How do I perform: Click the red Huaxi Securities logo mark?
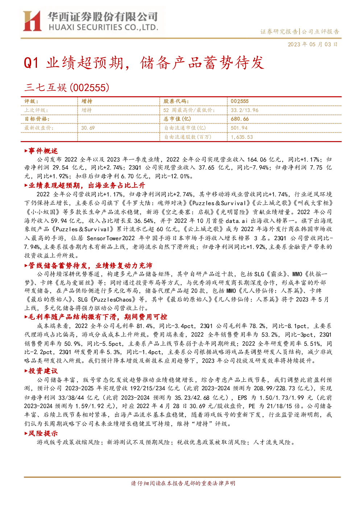pos(32,21)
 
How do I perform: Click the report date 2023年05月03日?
pos(313,44)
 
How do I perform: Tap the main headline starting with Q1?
pos(144,62)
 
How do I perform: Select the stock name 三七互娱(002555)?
pos(67,87)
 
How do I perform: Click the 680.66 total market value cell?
pos(240,119)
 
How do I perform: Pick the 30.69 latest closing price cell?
pos(88,128)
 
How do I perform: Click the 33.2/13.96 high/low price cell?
pos(245,110)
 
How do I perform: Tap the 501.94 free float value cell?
pos(239,128)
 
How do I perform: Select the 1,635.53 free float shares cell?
pos(242,137)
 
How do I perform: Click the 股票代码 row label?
pos(176,102)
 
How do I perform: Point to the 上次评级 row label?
pos(36,110)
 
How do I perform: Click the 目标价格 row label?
pos(37,119)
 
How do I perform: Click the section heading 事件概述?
pos(41,151)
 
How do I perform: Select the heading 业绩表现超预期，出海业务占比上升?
pos(84,185)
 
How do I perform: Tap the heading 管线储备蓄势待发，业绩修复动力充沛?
pos(88,265)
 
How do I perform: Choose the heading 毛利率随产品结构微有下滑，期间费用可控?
pos(96,317)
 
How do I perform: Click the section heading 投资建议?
pos(41,371)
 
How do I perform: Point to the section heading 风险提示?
pos(41,434)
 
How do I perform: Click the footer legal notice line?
pos(183,483)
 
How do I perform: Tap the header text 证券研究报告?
pos(279,32)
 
